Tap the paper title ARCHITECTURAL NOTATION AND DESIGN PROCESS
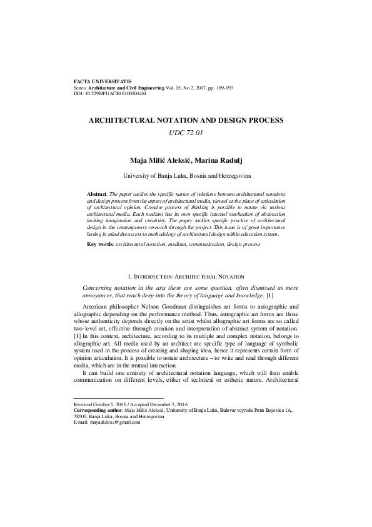186,120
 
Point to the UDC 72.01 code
186,132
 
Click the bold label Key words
100,243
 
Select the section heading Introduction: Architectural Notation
186,275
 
